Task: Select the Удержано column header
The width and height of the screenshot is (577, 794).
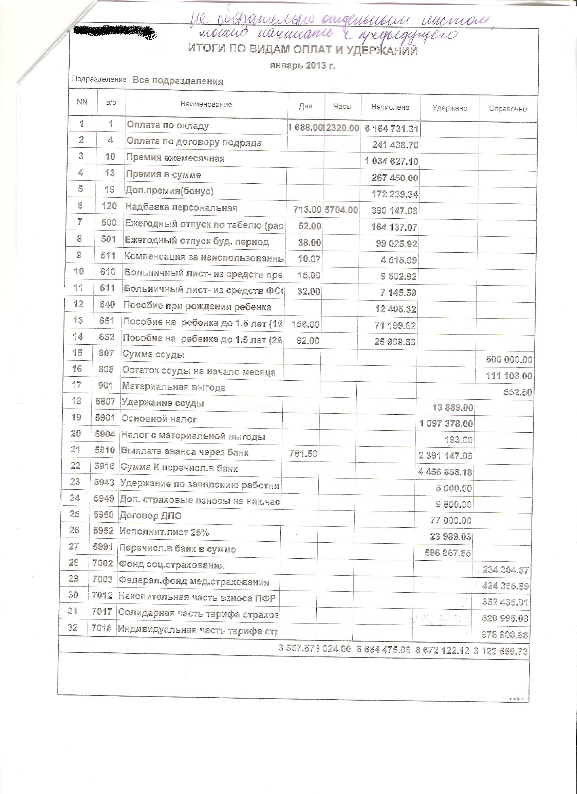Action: pos(450,108)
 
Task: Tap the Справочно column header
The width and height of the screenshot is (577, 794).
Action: pos(508,109)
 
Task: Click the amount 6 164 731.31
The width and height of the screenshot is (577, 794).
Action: pos(391,128)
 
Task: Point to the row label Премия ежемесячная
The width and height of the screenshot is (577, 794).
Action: pos(175,158)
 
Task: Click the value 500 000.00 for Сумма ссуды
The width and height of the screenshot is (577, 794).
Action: pos(509,360)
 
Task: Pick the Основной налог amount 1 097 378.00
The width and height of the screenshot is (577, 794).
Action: pos(446,423)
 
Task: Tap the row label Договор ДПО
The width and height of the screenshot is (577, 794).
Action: pos(150,516)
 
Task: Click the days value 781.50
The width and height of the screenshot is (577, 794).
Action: pos(303,454)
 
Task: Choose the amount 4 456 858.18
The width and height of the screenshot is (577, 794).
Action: pos(445,472)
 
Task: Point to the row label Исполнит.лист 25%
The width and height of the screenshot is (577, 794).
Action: pos(164,532)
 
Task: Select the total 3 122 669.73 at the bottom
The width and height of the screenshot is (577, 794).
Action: pos(500,651)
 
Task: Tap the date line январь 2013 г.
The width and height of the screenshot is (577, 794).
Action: pos(302,66)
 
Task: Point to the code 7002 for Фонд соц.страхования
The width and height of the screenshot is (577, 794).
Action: pos(103,563)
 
